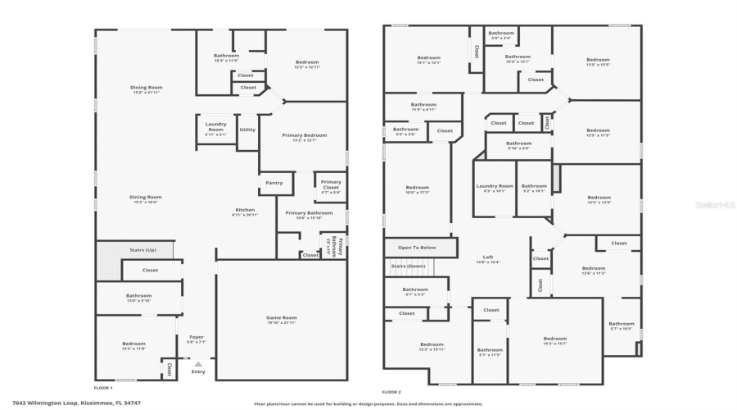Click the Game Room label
(281, 317)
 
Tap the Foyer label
(197, 337)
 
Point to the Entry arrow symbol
(197, 363)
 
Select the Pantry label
(274, 183)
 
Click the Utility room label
(247, 130)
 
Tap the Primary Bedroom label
(305, 135)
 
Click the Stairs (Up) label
(144, 249)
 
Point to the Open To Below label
(417, 247)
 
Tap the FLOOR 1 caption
(103, 387)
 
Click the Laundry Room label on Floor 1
(216, 127)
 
